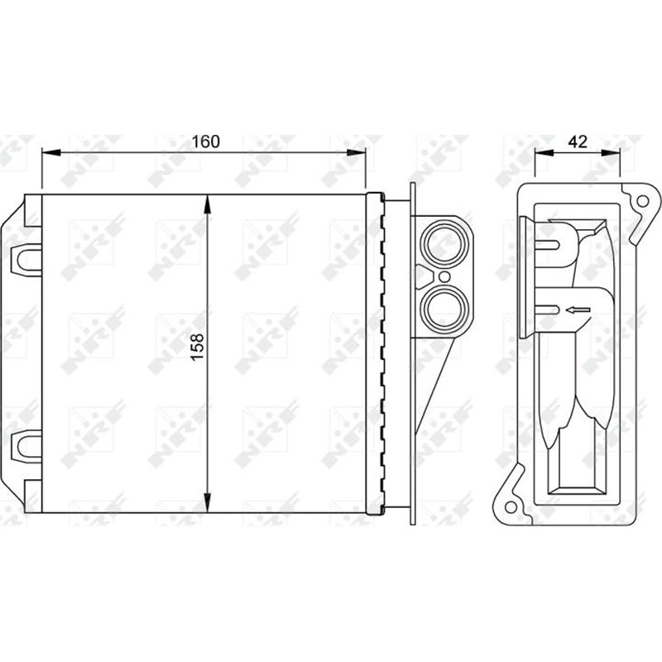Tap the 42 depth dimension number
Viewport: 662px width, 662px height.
(x=577, y=142)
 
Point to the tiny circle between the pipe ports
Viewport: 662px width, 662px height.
(x=444, y=276)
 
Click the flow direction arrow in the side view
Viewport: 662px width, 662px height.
(x=577, y=310)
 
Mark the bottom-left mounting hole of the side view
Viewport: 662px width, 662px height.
(x=511, y=505)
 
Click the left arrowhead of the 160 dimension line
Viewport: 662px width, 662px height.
(x=46, y=152)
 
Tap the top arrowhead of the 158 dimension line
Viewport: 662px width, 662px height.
(x=207, y=200)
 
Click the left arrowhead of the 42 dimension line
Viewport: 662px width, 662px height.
(x=540, y=152)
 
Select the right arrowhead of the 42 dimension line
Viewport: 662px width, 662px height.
(x=616, y=152)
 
